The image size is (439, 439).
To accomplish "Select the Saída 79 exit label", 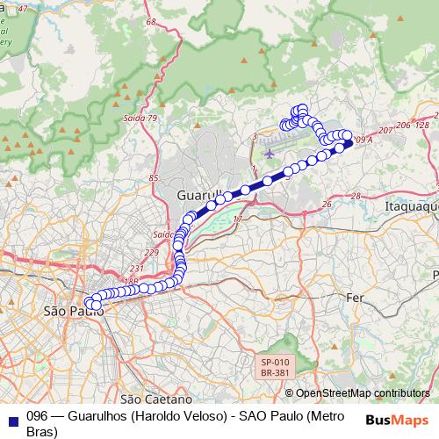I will [x=140, y=118].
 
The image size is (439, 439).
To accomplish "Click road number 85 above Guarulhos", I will [x=154, y=179].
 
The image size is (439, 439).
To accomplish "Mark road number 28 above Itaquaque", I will [x=356, y=196].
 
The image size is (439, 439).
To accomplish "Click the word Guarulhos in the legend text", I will [x=95, y=417].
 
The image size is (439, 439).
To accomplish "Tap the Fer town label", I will [x=356, y=298].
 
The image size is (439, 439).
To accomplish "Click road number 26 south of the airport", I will [x=327, y=204].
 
